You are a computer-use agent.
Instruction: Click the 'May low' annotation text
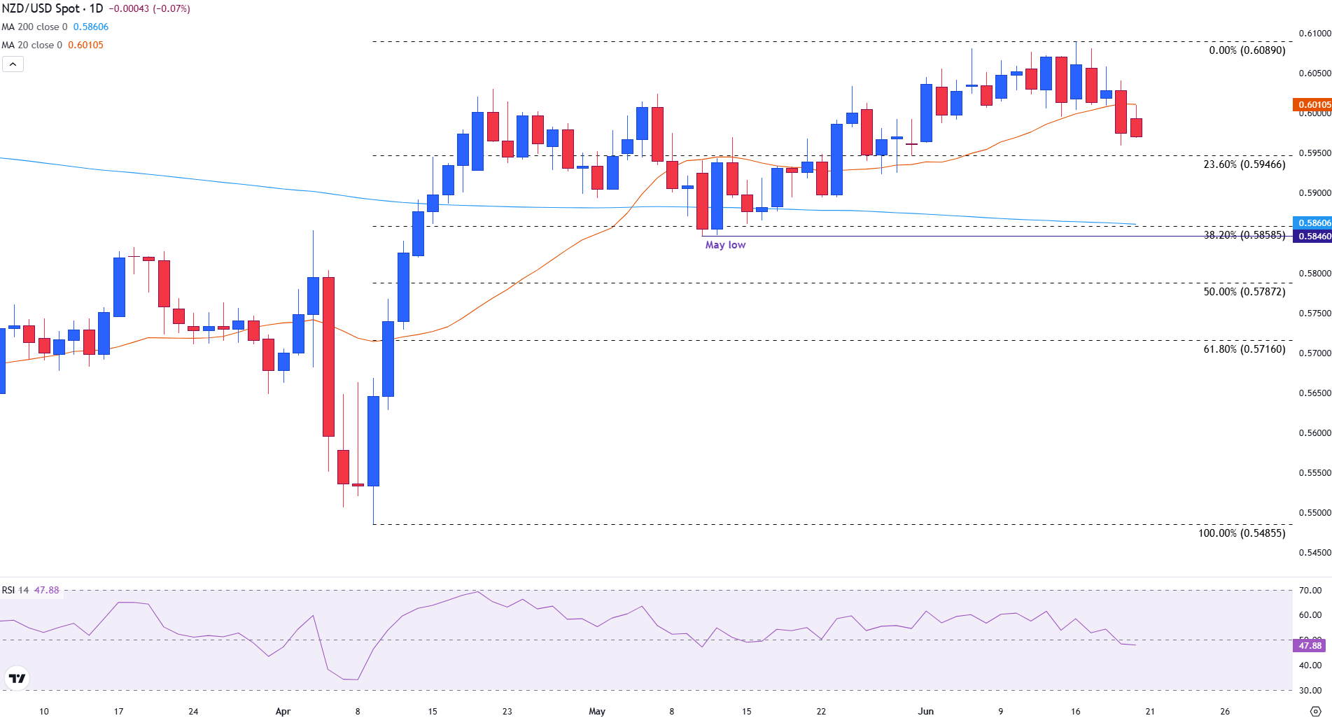click(x=725, y=245)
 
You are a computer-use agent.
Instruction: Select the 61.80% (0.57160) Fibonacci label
click(x=1244, y=349)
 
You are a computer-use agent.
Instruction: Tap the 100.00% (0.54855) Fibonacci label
click(x=1241, y=533)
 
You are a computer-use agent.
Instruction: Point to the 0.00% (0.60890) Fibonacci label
click(x=1247, y=50)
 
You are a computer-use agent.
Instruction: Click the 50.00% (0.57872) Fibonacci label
click(x=1244, y=292)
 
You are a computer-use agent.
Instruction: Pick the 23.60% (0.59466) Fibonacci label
click(x=1244, y=164)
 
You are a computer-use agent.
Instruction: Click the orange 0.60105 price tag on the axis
click(x=1312, y=105)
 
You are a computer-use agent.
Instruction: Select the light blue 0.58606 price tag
click(x=1312, y=223)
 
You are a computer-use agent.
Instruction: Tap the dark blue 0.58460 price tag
click(x=1312, y=237)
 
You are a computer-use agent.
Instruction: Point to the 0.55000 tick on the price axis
click(x=1315, y=513)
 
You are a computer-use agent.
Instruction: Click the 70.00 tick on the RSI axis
click(x=1310, y=591)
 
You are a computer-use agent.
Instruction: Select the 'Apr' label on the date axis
click(x=283, y=712)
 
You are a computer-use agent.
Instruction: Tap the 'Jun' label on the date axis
click(x=925, y=712)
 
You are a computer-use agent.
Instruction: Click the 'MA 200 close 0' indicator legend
click(x=35, y=27)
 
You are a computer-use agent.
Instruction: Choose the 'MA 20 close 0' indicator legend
click(x=32, y=45)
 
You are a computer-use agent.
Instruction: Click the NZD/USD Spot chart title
click(x=52, y=9)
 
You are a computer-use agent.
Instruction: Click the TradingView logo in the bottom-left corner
click(x=17, y=678)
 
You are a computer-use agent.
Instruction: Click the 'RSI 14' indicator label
click(x=15, y=591)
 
